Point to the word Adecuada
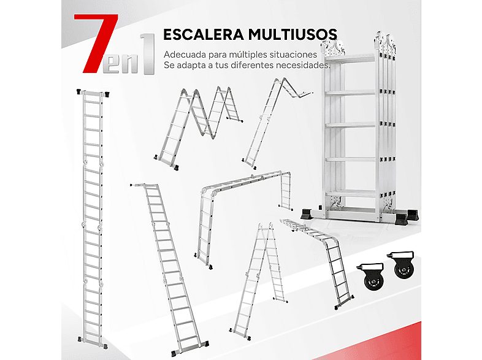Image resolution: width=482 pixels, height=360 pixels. pyautogui.click(x=185, y=54)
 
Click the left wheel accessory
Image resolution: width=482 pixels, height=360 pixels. pyautogui.click(x=370, y=277)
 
